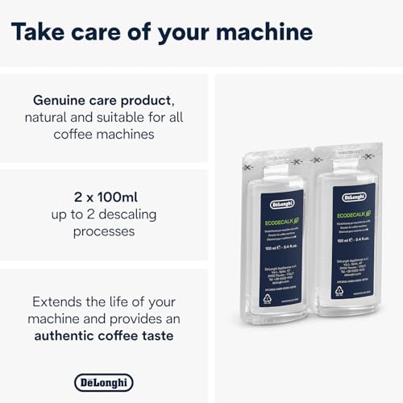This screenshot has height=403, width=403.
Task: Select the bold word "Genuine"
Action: pyautogui.click(x=62, y=101)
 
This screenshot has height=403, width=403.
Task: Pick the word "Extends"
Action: pyautogui.click(x=60, y=301)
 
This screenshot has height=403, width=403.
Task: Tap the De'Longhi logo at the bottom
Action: pyautogui.click(x=104, y=382)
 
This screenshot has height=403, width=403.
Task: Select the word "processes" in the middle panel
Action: pyautogui.click(x=104, y=231)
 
